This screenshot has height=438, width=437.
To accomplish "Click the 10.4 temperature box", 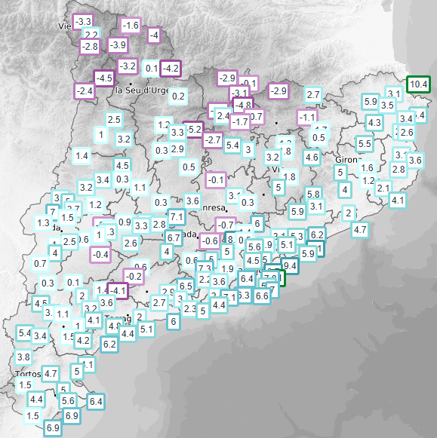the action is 418,84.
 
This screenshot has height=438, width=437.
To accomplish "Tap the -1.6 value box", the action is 131,26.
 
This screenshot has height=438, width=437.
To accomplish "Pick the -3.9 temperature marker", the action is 118,45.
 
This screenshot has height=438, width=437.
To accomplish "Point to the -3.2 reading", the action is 127,66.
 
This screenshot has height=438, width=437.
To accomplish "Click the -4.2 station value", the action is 171,68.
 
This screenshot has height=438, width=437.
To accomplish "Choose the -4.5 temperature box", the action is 104,78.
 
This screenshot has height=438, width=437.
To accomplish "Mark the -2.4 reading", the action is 84,91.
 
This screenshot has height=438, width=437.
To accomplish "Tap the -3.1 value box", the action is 242,92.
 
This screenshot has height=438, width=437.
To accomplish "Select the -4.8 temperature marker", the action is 242,105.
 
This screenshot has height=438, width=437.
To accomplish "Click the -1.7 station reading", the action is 240,121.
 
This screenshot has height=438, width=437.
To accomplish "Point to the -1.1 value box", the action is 306,117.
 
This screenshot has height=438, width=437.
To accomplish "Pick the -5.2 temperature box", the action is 194,130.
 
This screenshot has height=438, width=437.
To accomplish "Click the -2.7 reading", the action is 213,140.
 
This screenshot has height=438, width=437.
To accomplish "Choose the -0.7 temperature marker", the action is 226,225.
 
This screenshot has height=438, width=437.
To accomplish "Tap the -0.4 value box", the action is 100,255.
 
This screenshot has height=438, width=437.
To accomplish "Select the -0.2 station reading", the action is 134,277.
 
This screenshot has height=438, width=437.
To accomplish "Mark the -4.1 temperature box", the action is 117,289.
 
